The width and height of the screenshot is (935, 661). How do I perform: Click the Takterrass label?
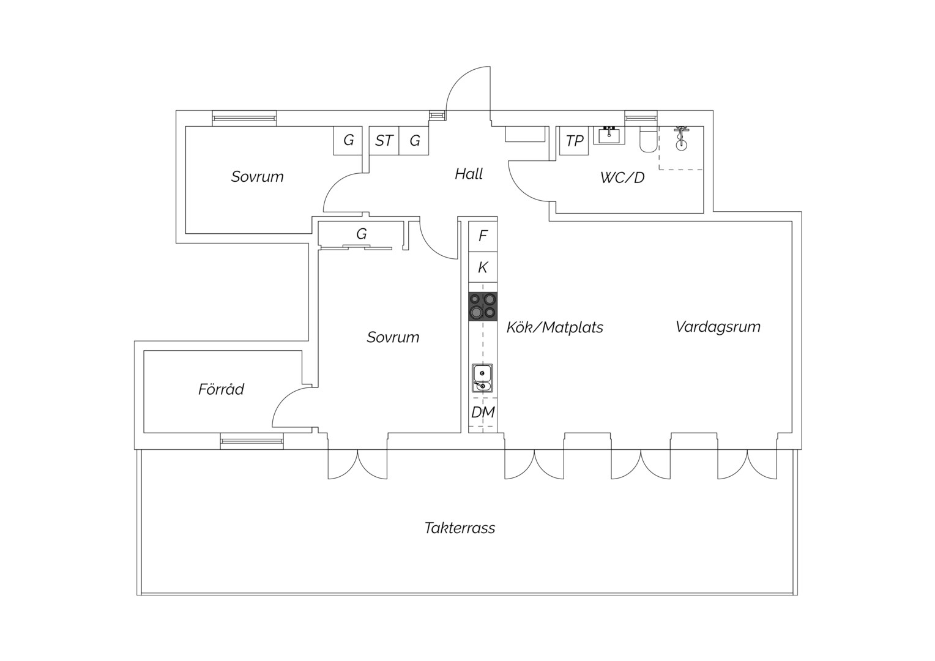pyautogui.click(x=460, y=528)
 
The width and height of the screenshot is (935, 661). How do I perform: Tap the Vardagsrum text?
pyautogui.click(x=718, y=327)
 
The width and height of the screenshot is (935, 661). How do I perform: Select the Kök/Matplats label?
pyautogui.click(x=555, y=327)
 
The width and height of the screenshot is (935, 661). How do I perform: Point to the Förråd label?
pyautogui.click(x=221, y=389)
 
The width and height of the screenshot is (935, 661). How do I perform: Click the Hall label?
pyautogui.click(x=469, y=174)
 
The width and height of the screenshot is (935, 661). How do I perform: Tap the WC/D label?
pyautogui.click(x=622, y=177)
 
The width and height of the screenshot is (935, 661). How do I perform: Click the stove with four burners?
pyautogui.click(x=483, y=307)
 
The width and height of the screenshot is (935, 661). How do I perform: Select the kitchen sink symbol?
pyautogui.click(x=483, y=378)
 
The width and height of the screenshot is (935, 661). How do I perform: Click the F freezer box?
pyautogui.click(x=483, y=236)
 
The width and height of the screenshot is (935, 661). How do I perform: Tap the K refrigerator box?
pyautogui.click(x=483, y=267)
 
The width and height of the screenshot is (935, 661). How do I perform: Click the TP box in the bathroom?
pyautogui.click(x=574, y=141)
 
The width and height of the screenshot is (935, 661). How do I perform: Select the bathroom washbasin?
pyautogui.click(x=609, y=135)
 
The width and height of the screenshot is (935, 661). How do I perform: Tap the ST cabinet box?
pyautogui.click(x=384, y=141)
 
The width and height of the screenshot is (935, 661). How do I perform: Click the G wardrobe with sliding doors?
pyautogui.click(x=362, y=234)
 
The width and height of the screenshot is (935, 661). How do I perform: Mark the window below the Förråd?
pyautogui.click(x=251, y=441)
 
